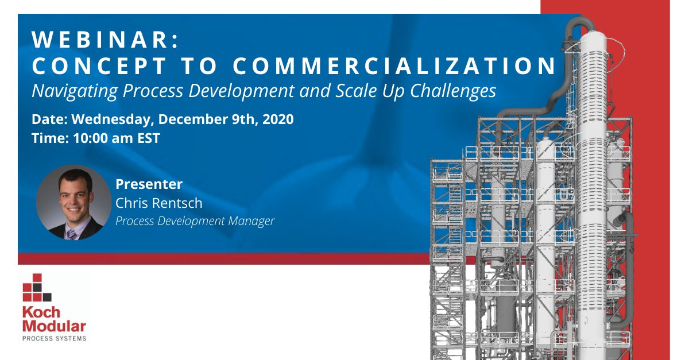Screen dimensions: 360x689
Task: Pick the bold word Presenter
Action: (149, 184)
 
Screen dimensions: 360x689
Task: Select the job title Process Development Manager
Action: (195, 220)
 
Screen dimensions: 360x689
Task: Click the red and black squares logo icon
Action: (37, 288)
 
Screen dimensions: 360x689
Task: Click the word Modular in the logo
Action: (54, 326)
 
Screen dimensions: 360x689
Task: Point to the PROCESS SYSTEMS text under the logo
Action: (54, 339)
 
